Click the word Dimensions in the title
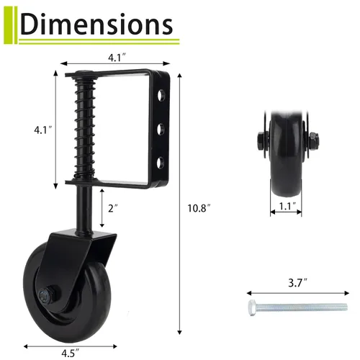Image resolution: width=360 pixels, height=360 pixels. [x=96, y=24]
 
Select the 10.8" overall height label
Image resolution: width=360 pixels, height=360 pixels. [x=199, y=209]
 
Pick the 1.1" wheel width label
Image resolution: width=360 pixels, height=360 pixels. [x=288, y=206]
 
